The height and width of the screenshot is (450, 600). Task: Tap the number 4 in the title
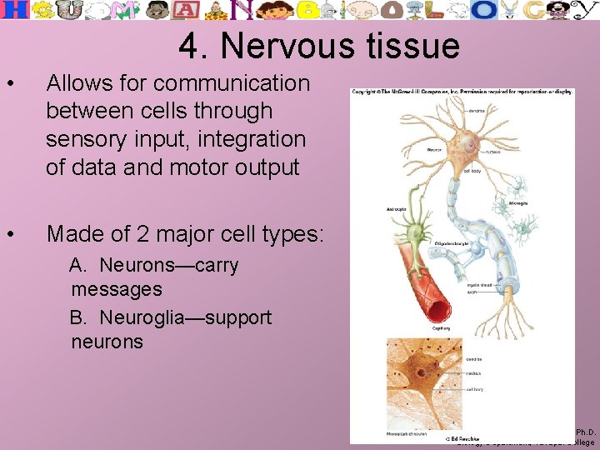pyautogui.click(x=189, y=47)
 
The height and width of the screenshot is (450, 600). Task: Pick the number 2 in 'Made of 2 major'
pyautogui.click(x=151, y=233)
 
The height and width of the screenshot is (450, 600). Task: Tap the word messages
pyautogui.click(x=117, y=290)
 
